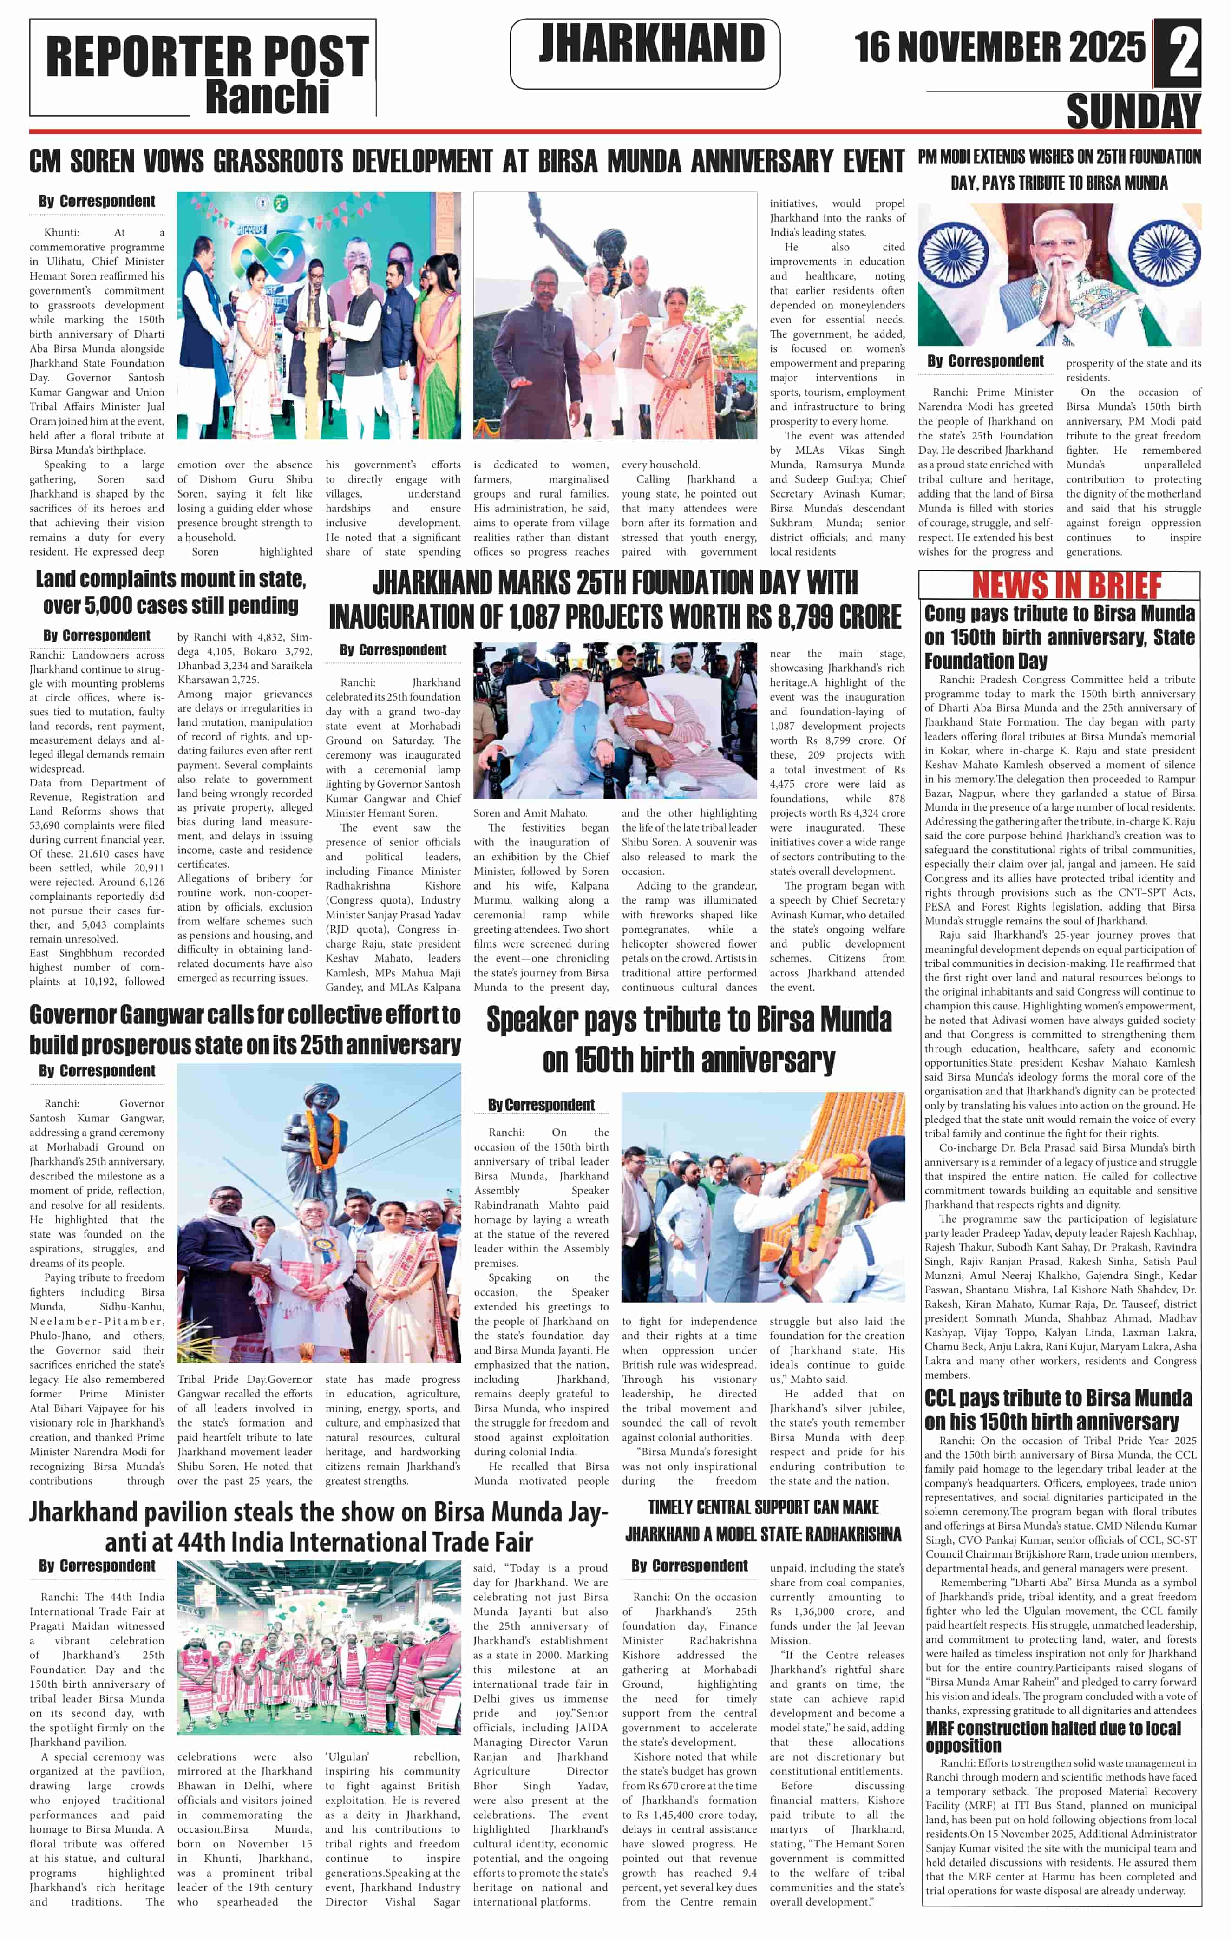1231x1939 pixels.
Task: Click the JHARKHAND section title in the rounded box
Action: (651, 44)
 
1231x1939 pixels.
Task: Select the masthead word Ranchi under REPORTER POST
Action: (267, 98)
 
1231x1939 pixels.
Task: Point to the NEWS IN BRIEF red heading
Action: (1066, 585)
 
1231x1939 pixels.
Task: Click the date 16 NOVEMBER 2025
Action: (999, 47)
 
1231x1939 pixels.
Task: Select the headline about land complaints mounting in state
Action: (170, 592)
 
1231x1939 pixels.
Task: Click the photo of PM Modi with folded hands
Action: (1060, 275)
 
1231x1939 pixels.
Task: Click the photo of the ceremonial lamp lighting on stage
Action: (319, 315)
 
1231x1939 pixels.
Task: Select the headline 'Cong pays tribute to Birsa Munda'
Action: (1060, 637)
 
